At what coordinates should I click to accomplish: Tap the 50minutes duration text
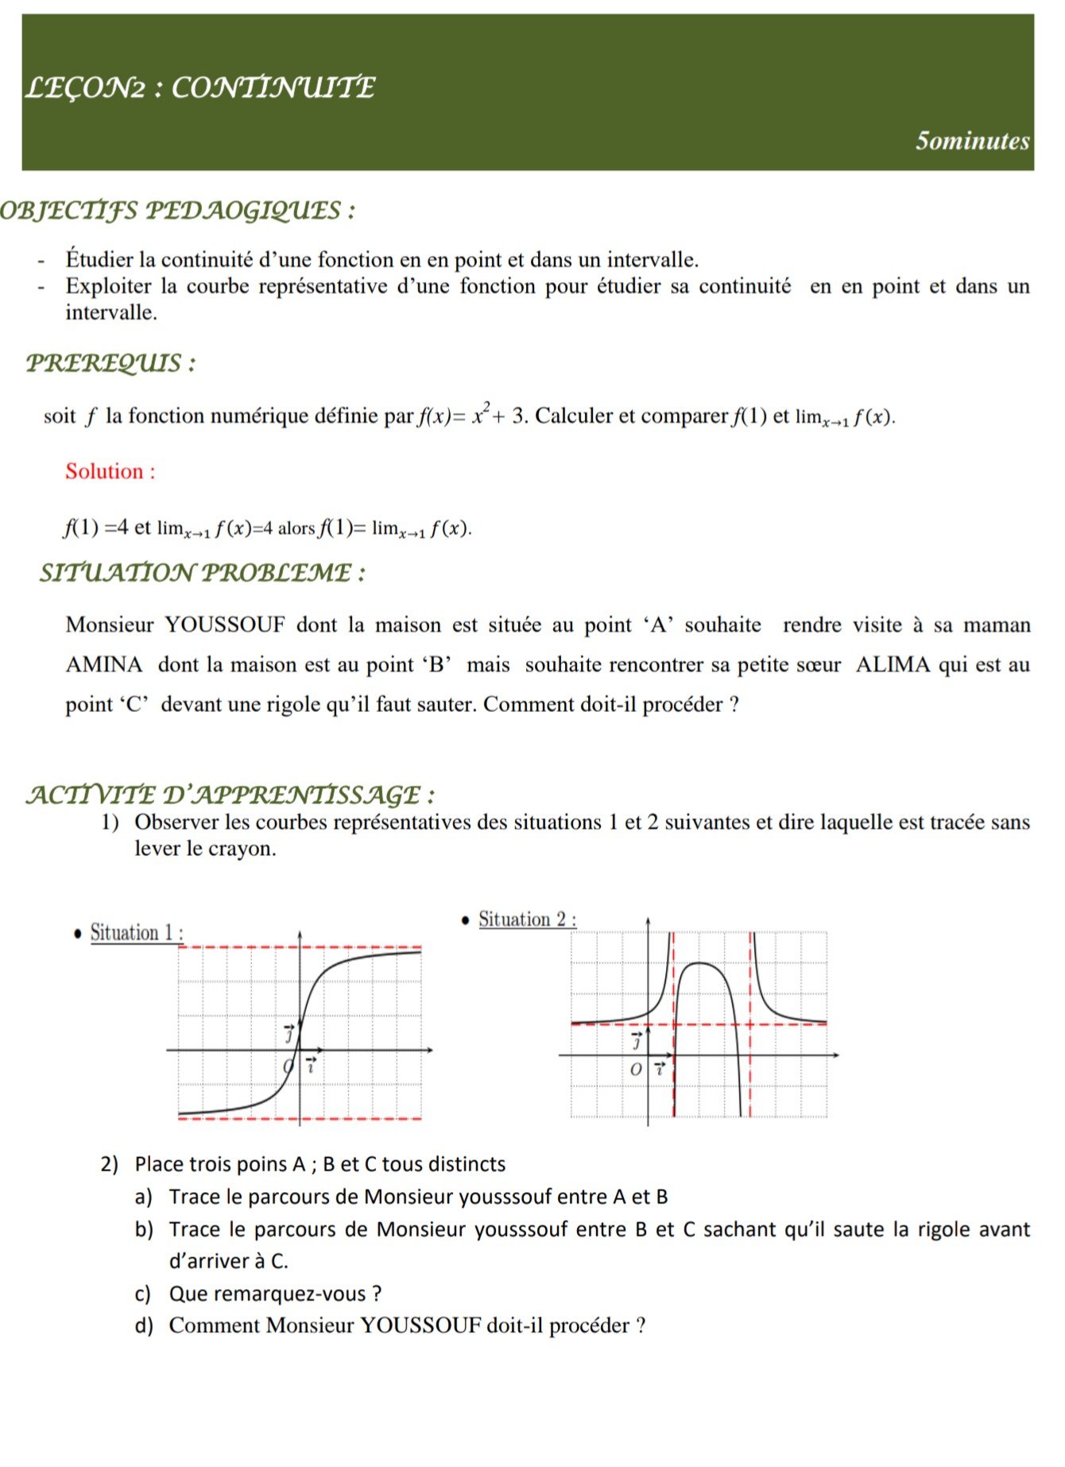tap(972, 141)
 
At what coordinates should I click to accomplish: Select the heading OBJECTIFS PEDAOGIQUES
tap(176, 211)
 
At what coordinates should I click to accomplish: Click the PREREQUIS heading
tap(110, 363)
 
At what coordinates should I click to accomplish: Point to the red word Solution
tap(110, 471)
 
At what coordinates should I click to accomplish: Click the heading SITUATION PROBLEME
tap(202, 572)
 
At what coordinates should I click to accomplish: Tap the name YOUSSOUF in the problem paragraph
tap(225, 625)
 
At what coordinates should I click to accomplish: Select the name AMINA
tap(104, 664)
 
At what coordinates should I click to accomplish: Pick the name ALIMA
tap(893, 664)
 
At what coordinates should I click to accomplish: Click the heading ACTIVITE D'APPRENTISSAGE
tap(230, 794)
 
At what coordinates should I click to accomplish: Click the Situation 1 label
tap(136, 932)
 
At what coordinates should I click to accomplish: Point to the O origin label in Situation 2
tap(635, 1070)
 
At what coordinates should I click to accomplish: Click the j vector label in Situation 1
tap(289, 1032)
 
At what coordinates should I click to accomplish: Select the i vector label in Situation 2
tap(660, 1068)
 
